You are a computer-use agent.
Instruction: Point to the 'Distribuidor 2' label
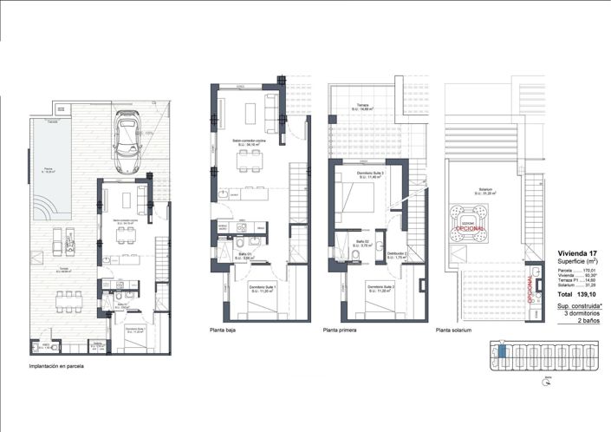[x=398, y=252]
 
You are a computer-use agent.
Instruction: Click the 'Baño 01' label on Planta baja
[x=247, y=255]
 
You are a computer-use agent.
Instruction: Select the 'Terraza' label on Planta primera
[x=361, y=107]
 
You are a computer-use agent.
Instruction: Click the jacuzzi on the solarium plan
[x=463, y=220]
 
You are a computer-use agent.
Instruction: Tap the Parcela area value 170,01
[x=592, y=272]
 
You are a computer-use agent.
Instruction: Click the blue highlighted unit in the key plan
[x=501, y=351]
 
